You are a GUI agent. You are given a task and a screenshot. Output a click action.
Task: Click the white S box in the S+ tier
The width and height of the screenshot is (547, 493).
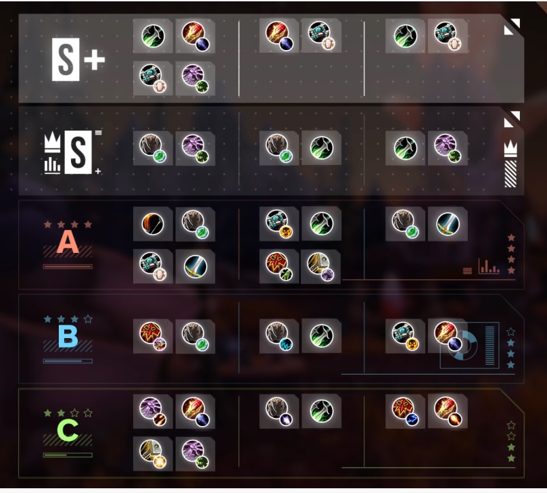[66, 60]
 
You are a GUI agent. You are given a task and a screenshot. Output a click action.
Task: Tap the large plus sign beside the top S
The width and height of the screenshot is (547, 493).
[94, 60]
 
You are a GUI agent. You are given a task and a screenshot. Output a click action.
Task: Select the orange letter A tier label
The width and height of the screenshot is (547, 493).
[68, 242]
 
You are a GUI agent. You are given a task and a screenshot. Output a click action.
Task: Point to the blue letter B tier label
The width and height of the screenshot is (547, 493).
[68, 336]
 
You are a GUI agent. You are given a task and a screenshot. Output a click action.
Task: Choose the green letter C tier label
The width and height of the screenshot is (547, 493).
[68, 430]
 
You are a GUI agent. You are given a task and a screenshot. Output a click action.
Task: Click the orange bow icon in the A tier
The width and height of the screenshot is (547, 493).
[153, 224]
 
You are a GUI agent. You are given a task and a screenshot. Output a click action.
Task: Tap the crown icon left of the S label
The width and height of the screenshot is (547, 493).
[52, 143]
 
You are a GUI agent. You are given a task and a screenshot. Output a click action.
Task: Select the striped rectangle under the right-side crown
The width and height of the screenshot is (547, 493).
[510, 174]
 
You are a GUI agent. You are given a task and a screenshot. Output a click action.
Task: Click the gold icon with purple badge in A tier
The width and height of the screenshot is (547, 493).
[320, 266]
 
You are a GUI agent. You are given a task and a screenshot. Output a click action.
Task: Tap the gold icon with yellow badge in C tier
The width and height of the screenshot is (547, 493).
[152, 454]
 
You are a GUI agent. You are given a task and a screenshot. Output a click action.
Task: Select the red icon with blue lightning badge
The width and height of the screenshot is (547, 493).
[406, 411]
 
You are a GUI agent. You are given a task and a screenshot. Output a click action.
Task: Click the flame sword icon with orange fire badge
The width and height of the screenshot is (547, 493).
[448, 411]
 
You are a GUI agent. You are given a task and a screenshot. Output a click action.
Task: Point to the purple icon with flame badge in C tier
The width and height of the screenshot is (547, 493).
[153, 411]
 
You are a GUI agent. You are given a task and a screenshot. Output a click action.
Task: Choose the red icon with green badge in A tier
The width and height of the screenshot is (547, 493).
[279, 266]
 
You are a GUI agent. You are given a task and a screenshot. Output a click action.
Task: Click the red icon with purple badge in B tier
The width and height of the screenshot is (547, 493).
[153, 336]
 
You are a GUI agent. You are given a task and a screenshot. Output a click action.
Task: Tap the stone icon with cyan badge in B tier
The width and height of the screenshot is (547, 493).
[279, 336]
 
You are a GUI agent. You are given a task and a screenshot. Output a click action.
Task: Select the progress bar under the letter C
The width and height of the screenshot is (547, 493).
[68, 455]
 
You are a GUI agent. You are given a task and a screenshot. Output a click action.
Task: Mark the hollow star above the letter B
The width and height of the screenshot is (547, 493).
[88, 319]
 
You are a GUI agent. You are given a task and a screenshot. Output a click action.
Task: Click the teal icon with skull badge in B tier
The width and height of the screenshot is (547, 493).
[406, 336]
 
